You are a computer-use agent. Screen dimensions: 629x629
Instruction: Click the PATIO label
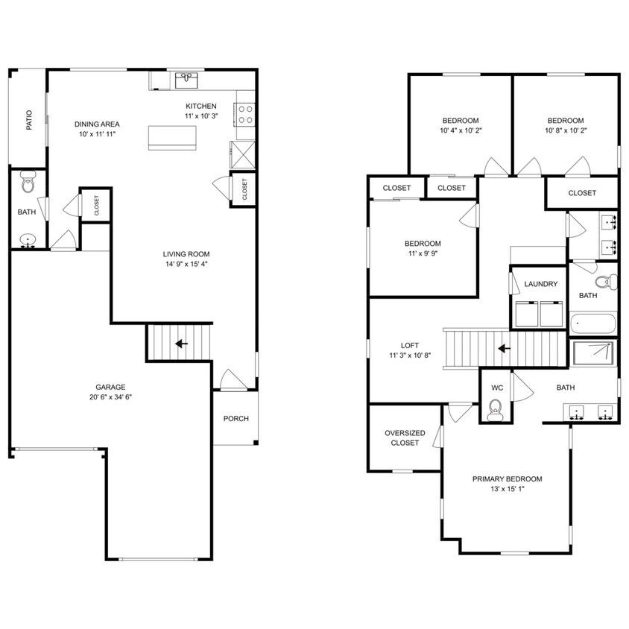(30, 121)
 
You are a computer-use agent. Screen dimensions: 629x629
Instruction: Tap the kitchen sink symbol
(186, 79)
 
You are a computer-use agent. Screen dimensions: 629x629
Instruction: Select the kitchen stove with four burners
(245, 114)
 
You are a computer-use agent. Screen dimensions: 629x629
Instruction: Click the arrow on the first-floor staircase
(180, 344)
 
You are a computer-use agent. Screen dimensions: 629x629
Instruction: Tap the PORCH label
(236, 419)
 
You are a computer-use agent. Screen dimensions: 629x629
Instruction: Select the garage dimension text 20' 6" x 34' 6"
(110, 397)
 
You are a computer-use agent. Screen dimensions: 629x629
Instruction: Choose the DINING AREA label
(97, 124)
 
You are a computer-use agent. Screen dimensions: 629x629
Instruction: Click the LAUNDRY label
(541, 284)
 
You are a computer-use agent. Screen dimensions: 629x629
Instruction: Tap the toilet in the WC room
(495, 408)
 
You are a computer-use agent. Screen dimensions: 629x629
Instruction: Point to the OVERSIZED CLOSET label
(405, 438)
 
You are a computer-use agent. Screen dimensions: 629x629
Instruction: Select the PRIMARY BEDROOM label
(507, 479)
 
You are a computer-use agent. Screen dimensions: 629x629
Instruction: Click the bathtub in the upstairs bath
(594, 324)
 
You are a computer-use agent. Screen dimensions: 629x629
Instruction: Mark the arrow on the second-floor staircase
(505, 348)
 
